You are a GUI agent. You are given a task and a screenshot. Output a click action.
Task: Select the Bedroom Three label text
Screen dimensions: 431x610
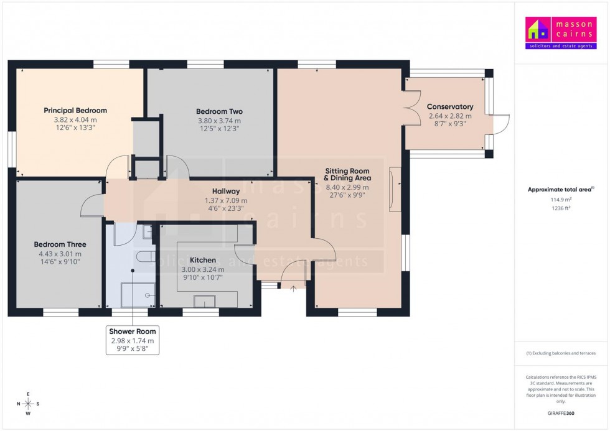[60, 244]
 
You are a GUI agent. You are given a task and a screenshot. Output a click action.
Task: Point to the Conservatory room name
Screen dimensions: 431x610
[450, 107]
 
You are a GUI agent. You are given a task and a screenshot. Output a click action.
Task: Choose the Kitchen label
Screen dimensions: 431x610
[203, 260]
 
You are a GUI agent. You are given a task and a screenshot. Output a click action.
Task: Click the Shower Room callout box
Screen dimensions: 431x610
[132, 340]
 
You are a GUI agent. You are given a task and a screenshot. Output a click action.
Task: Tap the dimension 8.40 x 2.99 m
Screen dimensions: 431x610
[347, 187]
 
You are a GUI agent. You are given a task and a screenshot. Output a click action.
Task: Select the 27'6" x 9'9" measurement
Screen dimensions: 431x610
[347, 195]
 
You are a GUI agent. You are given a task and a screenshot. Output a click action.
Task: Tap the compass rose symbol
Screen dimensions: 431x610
[29, 403]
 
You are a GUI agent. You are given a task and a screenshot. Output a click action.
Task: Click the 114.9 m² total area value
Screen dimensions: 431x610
[561, 200]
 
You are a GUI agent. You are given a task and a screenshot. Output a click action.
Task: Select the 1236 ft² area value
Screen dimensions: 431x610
[561, 208]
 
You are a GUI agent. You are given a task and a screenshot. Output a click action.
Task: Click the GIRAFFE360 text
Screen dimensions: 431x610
[561, 412]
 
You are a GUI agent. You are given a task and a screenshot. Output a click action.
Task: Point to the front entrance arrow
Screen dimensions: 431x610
[293, 288]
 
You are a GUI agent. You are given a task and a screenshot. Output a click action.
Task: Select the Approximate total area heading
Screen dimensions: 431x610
[561, 190]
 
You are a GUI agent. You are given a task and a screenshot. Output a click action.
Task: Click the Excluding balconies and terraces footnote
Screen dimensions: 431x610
[561, 353]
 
